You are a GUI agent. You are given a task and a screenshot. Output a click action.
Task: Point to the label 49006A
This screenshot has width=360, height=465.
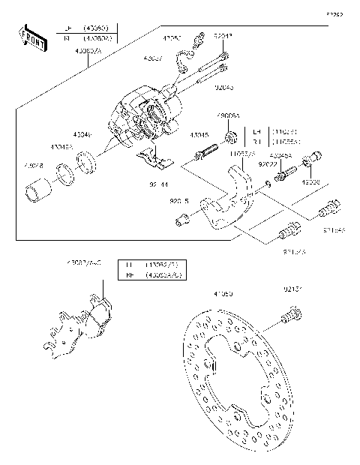229,117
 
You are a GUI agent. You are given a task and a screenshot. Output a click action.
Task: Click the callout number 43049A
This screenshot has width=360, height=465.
63,148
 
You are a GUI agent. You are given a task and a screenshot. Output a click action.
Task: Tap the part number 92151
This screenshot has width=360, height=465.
293,287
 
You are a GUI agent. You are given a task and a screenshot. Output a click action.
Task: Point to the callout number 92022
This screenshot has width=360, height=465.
267,163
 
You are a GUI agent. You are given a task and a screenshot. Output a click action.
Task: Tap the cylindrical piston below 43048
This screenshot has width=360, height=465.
36,193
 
